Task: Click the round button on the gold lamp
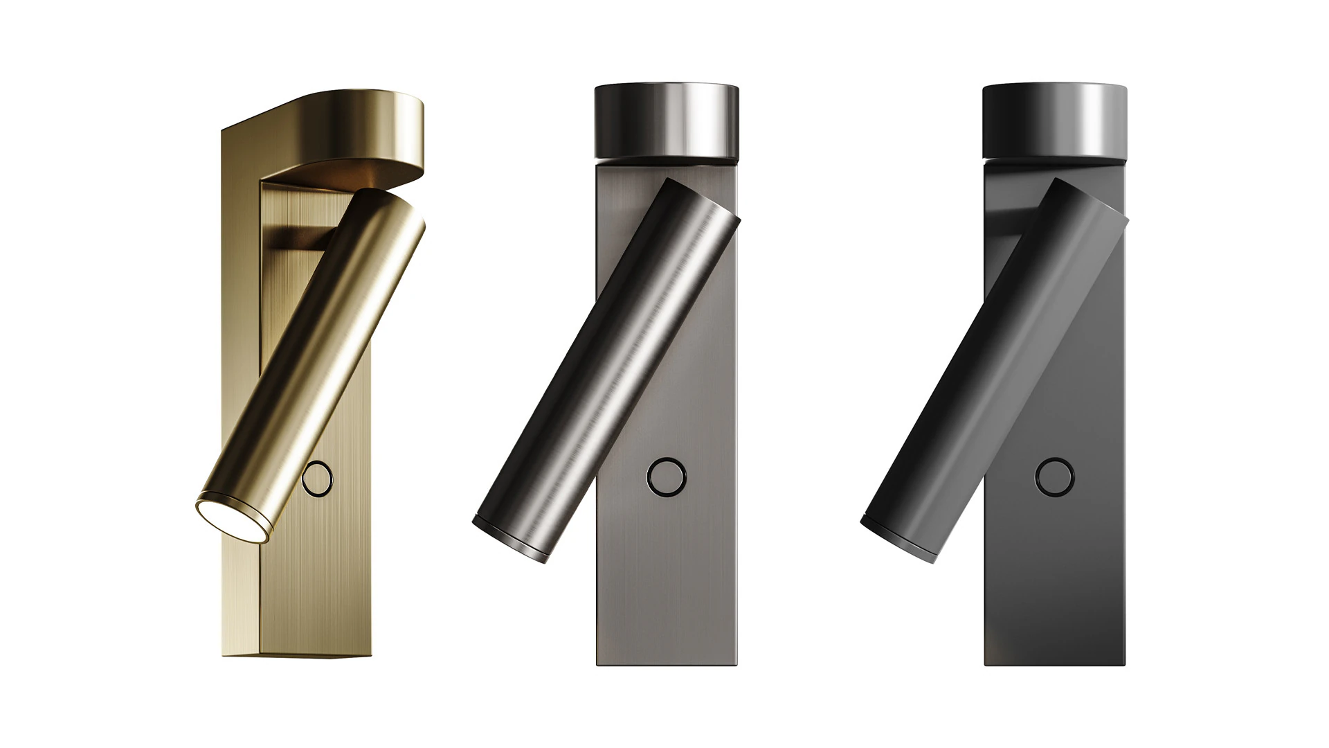click(x=319, y=479)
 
